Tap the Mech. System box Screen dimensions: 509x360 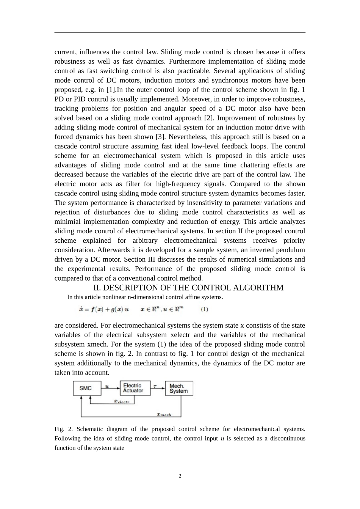179,389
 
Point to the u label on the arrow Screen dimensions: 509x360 107,386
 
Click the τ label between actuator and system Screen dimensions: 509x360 155,386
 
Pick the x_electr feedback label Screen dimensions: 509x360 122,401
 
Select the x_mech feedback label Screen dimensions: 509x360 164,414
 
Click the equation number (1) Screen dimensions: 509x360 204,309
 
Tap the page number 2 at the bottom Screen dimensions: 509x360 180,476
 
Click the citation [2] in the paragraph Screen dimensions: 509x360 209,118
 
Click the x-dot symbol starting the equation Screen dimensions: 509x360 81,309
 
